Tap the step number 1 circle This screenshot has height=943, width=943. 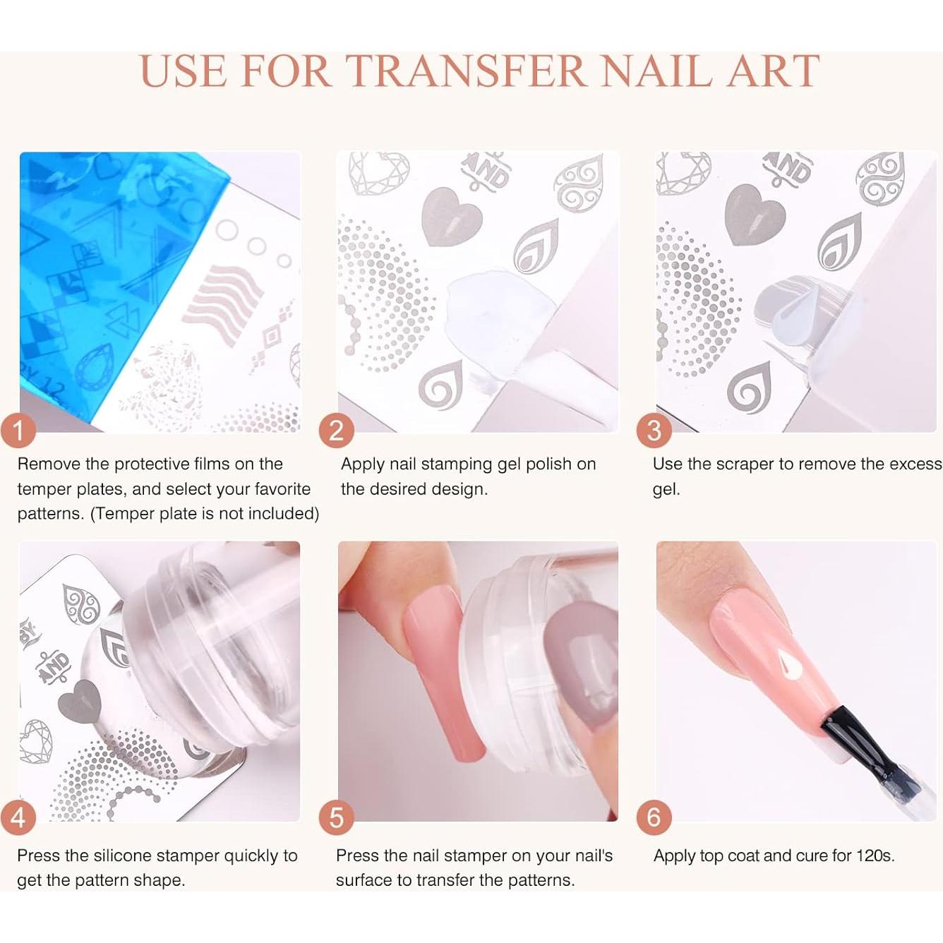point(18,430)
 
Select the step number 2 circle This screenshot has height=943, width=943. point(336,430)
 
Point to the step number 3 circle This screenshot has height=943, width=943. point(654,430)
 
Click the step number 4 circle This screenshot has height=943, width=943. point(18,817)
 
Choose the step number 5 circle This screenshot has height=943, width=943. point(336,817)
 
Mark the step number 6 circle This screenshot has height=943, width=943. point(654,817)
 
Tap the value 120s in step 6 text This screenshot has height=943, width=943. point(875,855)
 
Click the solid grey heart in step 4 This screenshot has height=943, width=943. point(76,702)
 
